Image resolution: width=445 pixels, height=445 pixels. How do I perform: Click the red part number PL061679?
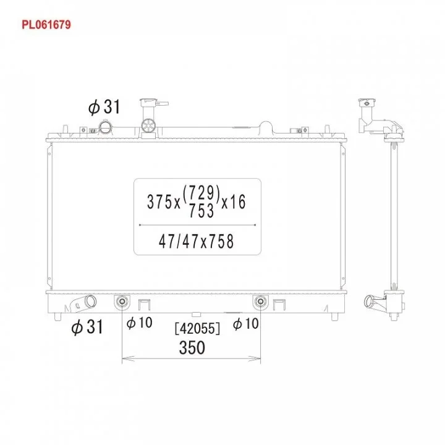pos(46,25)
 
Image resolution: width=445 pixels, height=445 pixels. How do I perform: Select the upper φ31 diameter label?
pos(104,107)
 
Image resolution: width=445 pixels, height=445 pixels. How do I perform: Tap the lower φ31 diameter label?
pos(87,327)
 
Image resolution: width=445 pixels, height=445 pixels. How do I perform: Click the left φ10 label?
pos(139,323)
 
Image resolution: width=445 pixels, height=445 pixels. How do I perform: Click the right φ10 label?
pos(246,323)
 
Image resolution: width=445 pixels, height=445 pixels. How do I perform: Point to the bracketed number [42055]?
pos(197,329)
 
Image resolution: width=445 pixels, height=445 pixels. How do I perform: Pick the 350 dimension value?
pos(192,347)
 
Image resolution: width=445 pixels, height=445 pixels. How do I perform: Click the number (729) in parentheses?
pos(201,193)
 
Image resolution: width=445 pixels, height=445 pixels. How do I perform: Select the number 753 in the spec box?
pos(201,211)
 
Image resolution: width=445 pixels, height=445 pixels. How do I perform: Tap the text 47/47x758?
pos(197,242)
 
